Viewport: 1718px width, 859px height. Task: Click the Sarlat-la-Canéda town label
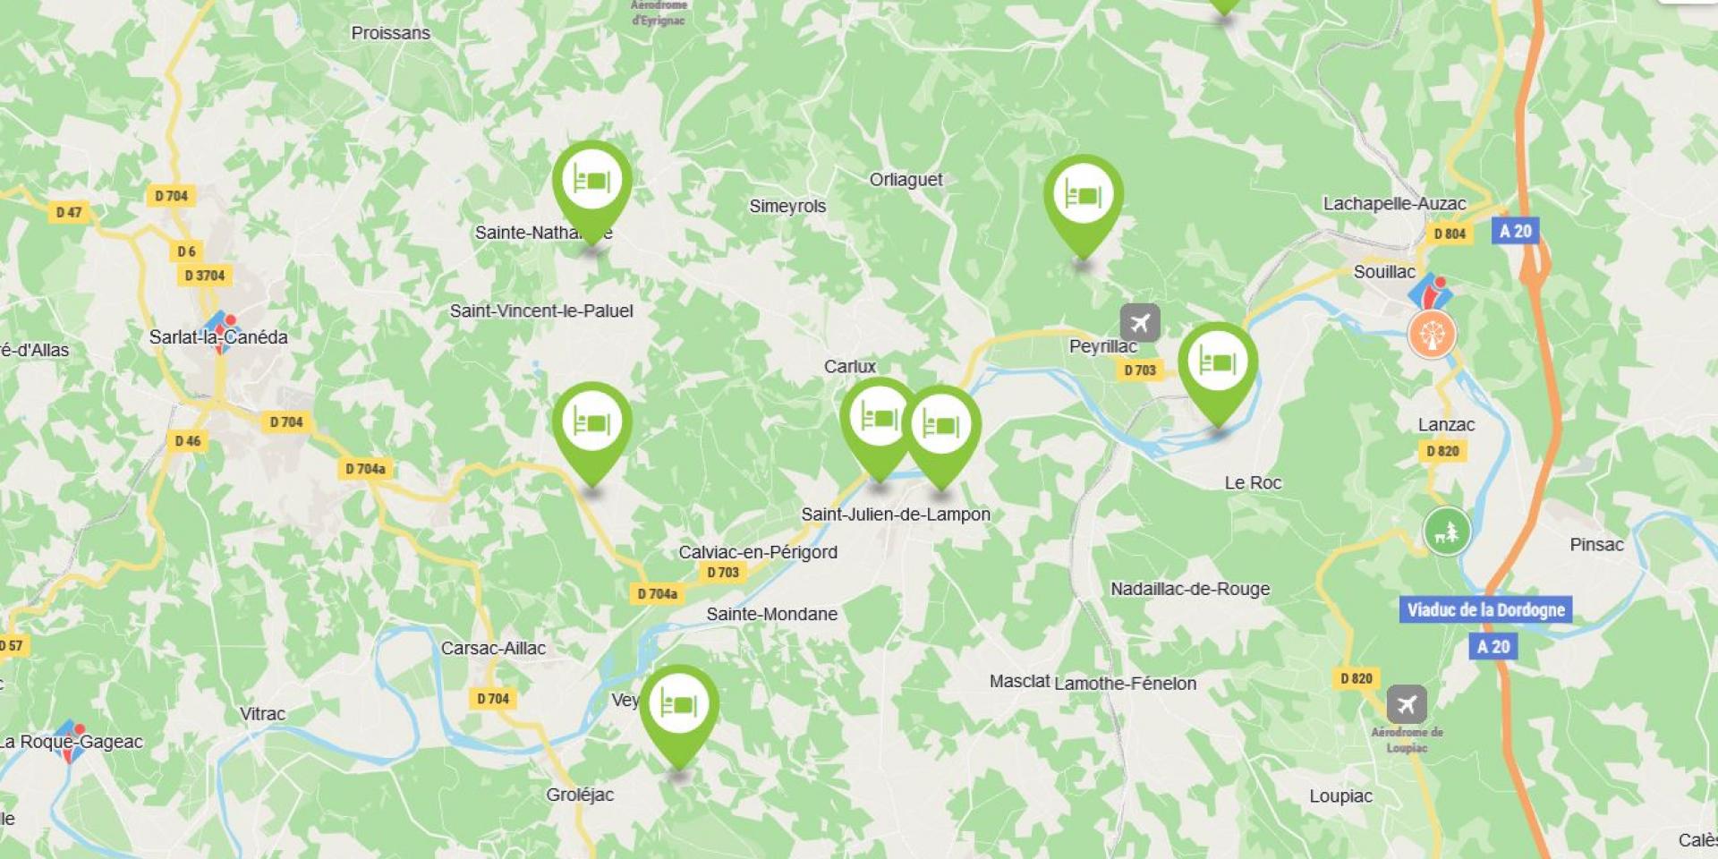click(x=218, y=337)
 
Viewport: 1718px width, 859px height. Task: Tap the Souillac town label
click(x=1384, y=272)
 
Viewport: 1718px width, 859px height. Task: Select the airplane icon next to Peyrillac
click(x=1140, y=322)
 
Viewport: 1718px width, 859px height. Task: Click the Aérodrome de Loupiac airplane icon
click(x=1407, y=705)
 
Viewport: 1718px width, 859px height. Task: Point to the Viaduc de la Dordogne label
click(x=1485, y=610)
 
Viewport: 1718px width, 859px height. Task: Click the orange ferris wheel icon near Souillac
click(x=1432, y=335)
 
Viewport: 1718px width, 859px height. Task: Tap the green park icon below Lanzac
click(x=1447, y=532)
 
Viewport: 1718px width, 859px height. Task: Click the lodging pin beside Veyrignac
click(x=679, y=706)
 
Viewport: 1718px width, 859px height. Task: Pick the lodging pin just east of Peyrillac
click(x=1217, y=364)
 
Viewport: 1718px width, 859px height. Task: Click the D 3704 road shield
click(x=205, y=276)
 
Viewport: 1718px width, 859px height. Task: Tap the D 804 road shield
click(x=1450, y=234)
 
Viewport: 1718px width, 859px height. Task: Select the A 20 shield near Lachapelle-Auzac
click(x=1515, y=232)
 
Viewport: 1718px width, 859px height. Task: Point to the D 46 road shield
click(x=188, y=440)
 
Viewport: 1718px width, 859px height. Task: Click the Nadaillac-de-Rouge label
click(x=1190, y=589)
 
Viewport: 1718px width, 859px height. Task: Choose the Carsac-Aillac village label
click(x=493, y=648)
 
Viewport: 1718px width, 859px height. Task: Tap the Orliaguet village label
click(x=906, y=180)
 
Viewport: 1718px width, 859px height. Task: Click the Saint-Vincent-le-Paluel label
click(x=541, y=311)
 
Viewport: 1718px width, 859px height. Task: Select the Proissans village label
click(x=390, y=33)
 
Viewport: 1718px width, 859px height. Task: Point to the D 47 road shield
click(x=69, y=212)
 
